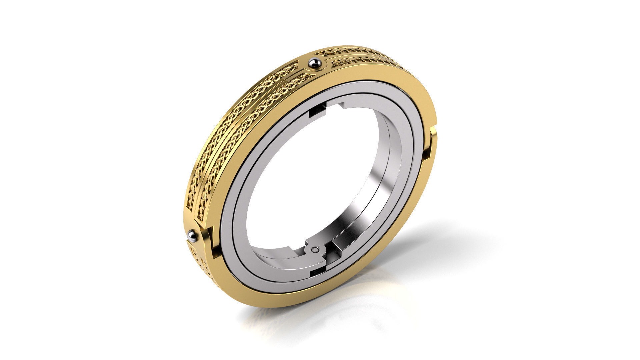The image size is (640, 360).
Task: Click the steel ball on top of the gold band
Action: pos(315,62)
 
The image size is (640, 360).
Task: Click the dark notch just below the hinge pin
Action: pos(317,272)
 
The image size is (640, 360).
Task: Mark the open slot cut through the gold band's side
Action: pos(429,147)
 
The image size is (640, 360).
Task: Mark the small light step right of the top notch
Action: pos(342,106)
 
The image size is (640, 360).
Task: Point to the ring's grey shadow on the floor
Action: pos(433,240)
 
